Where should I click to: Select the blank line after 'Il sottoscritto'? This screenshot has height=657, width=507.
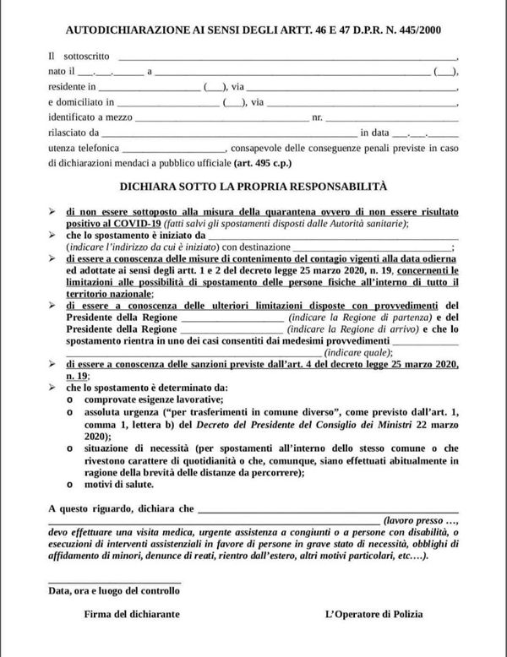287,56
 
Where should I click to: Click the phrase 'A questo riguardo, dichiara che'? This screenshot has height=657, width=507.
122,510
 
